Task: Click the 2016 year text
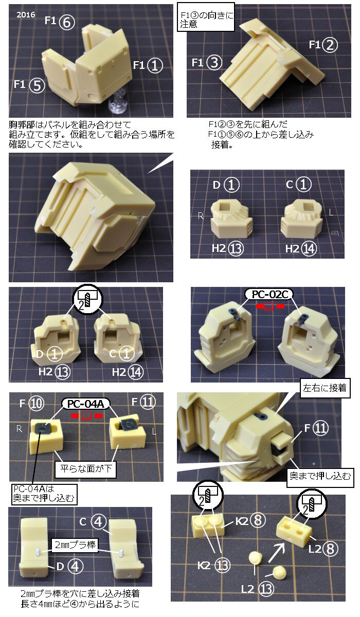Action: click(26, 14)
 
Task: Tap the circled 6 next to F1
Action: click(67, 22)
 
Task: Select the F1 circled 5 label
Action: click(29, 85)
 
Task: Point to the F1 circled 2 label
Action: click(323, 45)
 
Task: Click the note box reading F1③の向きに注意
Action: click(206, 17)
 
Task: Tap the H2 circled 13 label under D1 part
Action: click(227, 248)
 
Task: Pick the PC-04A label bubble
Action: click(85, 404)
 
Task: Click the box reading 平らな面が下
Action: click(85, 469)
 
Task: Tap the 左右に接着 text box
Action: click(325, 388)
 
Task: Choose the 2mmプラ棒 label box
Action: click(75, 546)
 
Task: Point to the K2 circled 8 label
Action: click(250, 519)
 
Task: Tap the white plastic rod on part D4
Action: click(38, 552)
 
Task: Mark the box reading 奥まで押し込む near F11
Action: click(320, 476)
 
